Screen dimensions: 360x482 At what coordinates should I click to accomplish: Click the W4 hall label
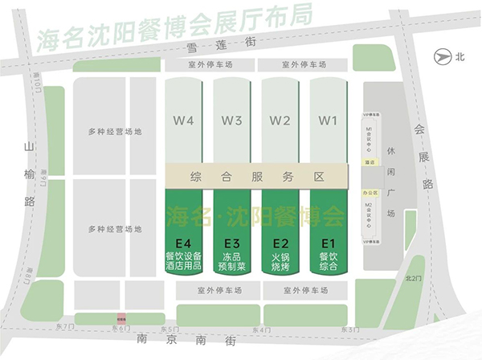click(x=184, y=121)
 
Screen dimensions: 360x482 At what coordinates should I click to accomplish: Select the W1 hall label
click(x=327, y=121)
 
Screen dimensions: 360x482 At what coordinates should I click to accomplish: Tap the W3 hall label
click(x=232, y=121)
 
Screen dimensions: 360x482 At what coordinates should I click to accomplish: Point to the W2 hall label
click(x=280, y=121)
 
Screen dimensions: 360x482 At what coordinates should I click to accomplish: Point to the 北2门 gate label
click(x=413, y=278)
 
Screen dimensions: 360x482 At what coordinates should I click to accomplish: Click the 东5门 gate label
click(x=170, y=329)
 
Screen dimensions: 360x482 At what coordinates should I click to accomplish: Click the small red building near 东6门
click(x=119, y=319)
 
